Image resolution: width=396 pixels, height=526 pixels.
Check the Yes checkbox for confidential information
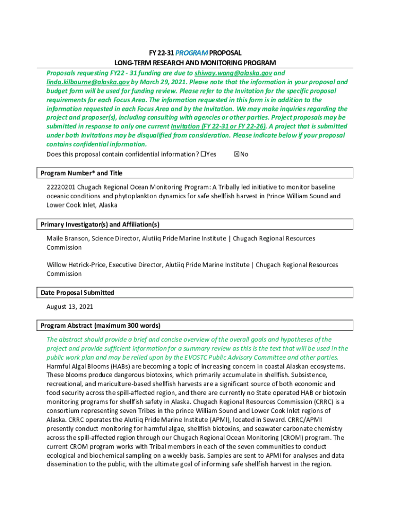203,154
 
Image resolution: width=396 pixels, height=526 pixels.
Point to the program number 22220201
63,187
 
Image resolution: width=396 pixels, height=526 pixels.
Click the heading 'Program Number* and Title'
81,173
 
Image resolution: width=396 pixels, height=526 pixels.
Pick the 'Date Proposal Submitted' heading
77,292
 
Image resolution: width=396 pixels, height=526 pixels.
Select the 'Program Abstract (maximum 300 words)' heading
100,325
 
